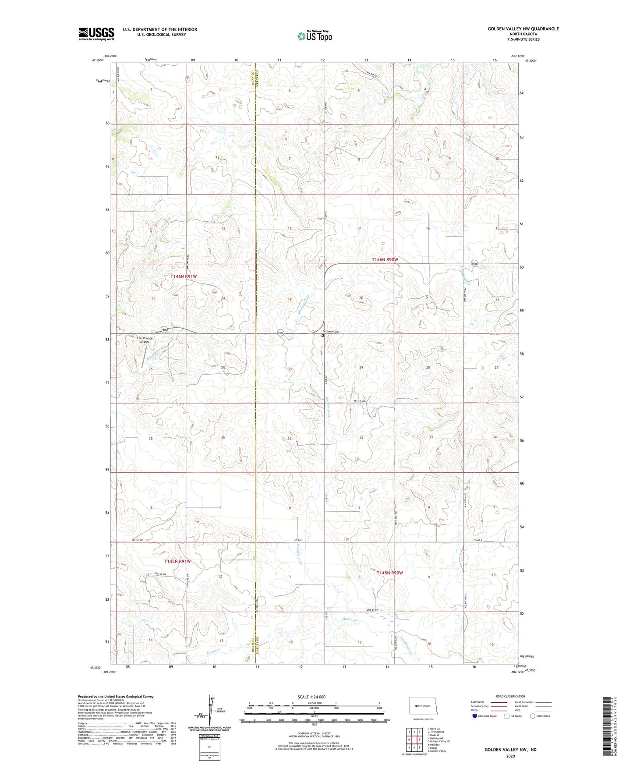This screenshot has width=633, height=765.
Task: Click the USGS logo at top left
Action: click(96, 34)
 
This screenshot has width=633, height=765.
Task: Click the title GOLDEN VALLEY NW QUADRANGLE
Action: click(523, 29)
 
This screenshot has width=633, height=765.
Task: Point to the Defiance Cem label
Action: click(331, 332)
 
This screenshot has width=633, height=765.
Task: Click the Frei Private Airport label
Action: click(145, 340)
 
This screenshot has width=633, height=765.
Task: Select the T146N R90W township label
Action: click(385, 260)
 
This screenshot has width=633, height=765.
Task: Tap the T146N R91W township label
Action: click(184, 276)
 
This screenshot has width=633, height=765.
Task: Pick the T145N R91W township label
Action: click(177, 561)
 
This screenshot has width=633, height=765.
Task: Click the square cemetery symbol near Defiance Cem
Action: click(323, 336)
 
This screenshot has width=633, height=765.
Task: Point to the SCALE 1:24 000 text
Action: click(311, 697)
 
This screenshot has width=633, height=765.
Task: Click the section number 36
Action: click(223, 437)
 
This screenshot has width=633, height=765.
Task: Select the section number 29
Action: click(361, 368)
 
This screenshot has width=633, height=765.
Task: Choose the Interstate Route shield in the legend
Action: click(475, 716)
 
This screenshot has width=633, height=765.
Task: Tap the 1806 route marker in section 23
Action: click(164, 329)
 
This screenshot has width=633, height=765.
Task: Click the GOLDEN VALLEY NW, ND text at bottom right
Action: click(510, 750)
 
